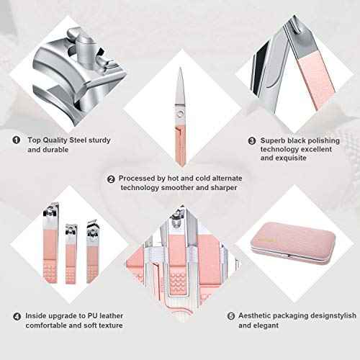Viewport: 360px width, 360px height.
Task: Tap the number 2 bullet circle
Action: coord(111,179)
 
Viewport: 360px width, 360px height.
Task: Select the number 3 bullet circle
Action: coord(253,141)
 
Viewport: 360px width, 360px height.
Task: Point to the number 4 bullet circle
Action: coord(16,315)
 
